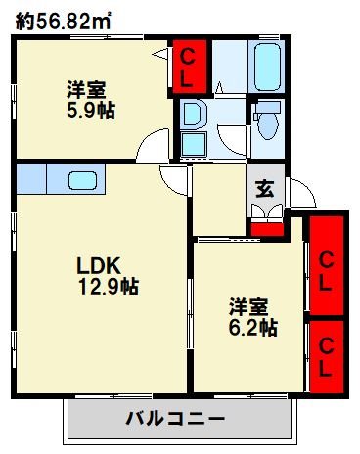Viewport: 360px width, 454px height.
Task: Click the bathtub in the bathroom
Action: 267,65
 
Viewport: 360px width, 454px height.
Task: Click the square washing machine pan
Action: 193,146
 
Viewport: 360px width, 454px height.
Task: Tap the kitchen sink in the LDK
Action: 80,180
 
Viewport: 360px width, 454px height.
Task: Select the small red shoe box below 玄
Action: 262,229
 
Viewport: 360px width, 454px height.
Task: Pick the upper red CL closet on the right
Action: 327,261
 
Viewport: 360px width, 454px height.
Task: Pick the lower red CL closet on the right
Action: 327,345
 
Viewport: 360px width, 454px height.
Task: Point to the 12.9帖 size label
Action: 108,288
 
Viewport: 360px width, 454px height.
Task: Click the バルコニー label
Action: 175,419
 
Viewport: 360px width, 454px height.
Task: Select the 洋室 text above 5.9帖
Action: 87,89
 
